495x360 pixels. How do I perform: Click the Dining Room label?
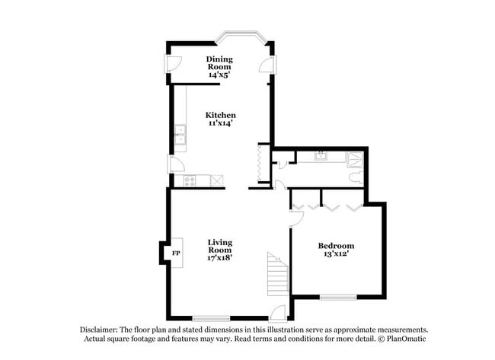click(x=220, y=62)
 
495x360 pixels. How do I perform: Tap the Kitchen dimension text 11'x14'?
click(x=220, y=123)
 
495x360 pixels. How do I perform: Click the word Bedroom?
click(x=336, y=246)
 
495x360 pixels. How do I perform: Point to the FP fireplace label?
click(x=176, y=253)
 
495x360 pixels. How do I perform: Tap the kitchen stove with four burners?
click(x=190, y=181)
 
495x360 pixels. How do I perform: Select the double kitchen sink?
click(x=180, y=137)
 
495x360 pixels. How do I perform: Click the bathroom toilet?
click(x=356, y=177)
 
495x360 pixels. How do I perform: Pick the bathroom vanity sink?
click(x=321, y=155)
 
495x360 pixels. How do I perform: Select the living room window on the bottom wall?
click(x=212, y=317)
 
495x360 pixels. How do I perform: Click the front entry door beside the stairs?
click(x=279, y=312)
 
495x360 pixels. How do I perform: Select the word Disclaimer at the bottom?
click(x=101, y=330)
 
